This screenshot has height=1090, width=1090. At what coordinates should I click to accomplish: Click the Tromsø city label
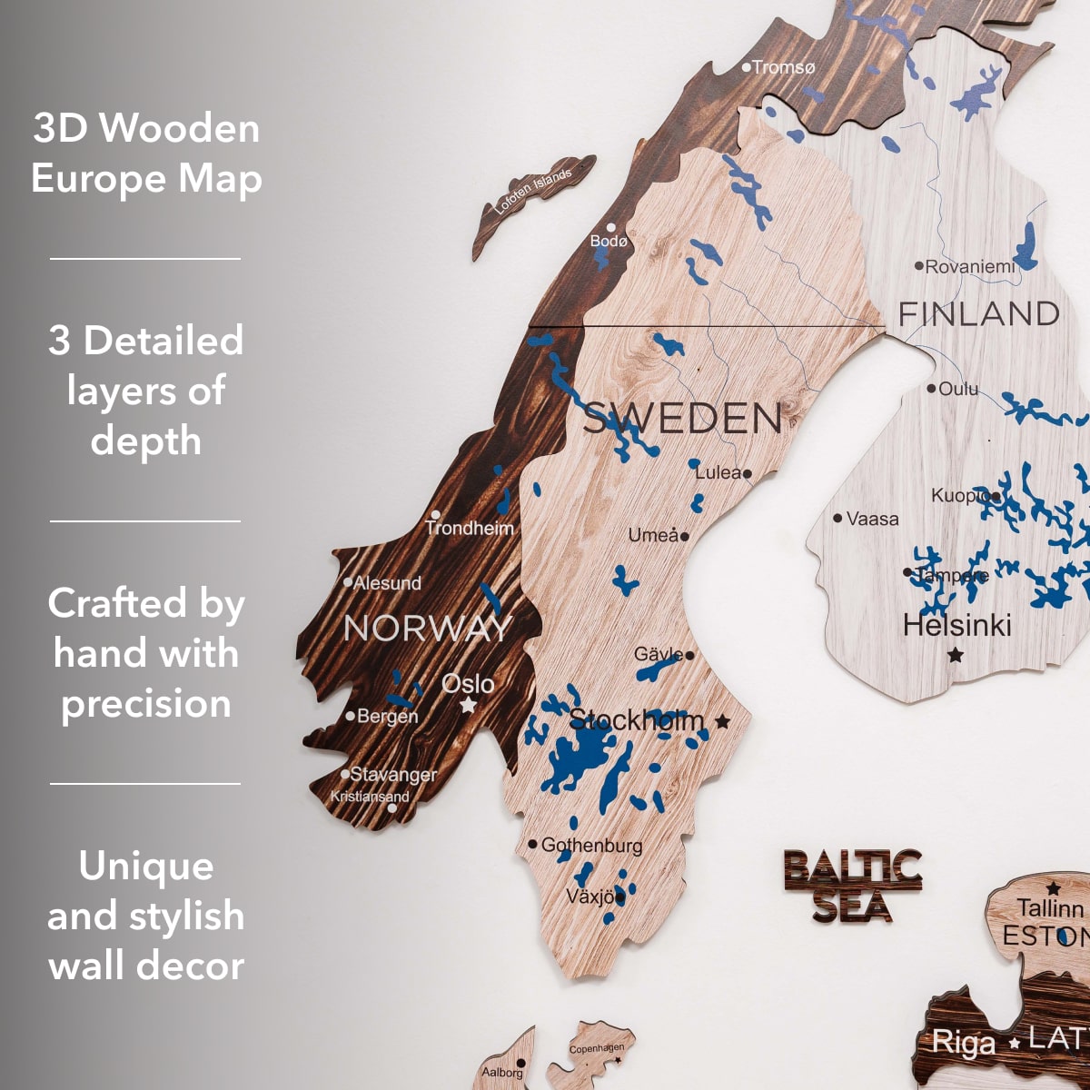click(x=783, y=67)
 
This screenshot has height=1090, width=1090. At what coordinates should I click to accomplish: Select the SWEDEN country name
click(x=681, y=419)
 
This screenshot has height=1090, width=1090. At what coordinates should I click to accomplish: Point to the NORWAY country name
click(x=428, y=629)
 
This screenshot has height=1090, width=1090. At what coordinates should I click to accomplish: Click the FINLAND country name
click(x=978, y=314)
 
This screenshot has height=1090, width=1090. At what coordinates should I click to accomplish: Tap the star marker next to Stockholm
click(x=722, y=721)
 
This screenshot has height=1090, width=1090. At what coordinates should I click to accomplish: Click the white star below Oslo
click(x=468, y=705)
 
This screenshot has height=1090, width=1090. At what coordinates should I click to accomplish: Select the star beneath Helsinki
click(x=955, y=654)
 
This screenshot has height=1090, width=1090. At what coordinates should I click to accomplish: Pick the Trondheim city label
click(x=470, y=528)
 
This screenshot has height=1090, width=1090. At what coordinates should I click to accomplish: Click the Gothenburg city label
click(x=591, y=846)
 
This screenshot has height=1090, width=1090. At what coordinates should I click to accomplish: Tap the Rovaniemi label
click(x=970, y=267)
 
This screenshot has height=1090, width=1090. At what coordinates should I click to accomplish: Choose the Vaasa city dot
click(x=837, y=519)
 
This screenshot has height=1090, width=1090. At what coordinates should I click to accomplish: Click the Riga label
click(x=963, y=1043)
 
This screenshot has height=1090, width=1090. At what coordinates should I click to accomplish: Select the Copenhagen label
click(x=596, y=1049)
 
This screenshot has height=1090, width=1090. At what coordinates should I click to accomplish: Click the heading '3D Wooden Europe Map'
click(x=146, y=153)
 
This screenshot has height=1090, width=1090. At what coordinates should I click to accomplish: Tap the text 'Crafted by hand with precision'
click(x=146, y=653)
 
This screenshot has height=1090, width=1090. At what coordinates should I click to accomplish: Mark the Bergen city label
click(x=387, y=717)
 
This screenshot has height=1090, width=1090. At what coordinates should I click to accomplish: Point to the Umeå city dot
click(x=685, y=536)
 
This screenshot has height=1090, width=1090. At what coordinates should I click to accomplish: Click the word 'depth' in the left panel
click(x=146, y=441)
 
